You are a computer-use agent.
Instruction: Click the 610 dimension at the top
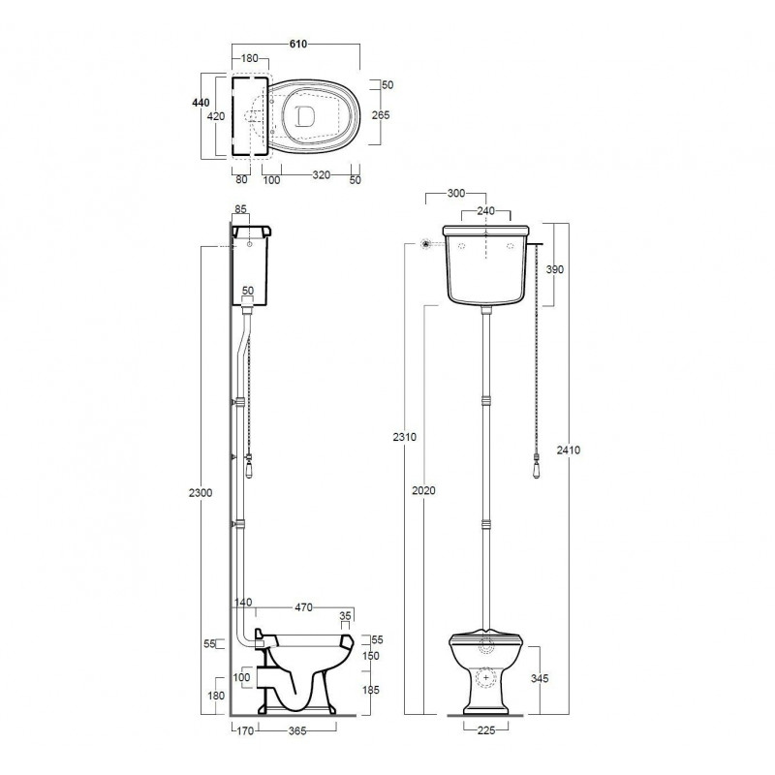click(x=298, y=44)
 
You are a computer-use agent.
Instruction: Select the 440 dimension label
click(x=201, y=103)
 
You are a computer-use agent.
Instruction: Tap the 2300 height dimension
click(x=201, y=493)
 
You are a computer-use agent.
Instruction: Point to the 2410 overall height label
click(x=569, y=450)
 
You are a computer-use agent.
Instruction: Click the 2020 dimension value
click(x=424, y=490)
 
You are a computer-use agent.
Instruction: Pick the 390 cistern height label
click(x=554, y=269)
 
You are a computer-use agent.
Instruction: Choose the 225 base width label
click(x=486, y=730)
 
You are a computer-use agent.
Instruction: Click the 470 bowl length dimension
click(x=303, y=607)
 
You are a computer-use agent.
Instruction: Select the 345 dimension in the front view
click(x=540, y=679)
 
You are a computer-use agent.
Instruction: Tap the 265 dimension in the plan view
click(x=381, y=115)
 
